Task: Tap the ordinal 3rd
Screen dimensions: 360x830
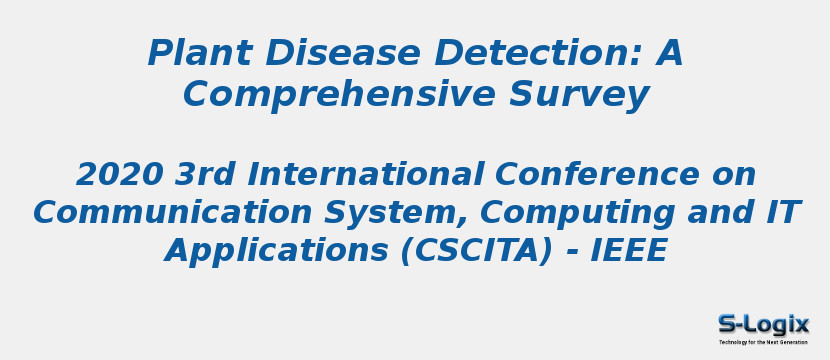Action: tap(206, 174)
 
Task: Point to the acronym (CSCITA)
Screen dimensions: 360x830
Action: tap(476, 250)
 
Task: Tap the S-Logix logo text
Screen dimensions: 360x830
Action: tap(763, 323)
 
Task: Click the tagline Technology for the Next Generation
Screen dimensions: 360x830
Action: tap(763, 342)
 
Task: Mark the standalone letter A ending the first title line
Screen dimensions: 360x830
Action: tap(669, 53)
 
